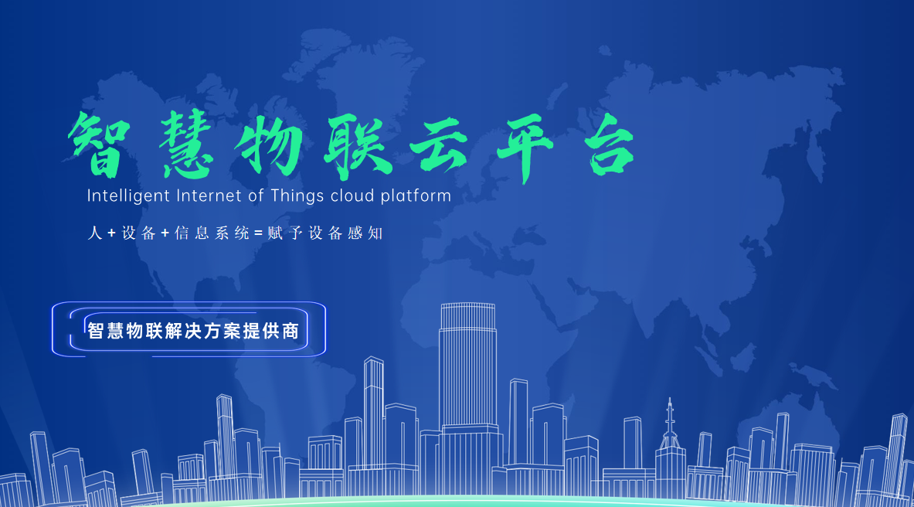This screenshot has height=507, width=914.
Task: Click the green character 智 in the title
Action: click(x=98, y=144)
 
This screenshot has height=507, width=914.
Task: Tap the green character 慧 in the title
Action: click(x=186, y=144)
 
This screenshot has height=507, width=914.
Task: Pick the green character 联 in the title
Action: click(x=358, y=146)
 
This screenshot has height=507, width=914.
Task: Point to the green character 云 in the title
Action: click(x=438, y=146)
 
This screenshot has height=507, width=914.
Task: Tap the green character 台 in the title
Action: click(x=610, y=144)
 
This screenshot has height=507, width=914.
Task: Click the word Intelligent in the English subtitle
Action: click(x=128, y=196)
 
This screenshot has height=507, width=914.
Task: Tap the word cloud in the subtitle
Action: click(x=352, y=196)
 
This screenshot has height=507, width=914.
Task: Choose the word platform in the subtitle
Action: click(x=416, y=196)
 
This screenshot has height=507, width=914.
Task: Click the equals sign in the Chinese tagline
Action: click(x=259, y=234)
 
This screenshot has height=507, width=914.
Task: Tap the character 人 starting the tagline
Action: click(x=94, y=233)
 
